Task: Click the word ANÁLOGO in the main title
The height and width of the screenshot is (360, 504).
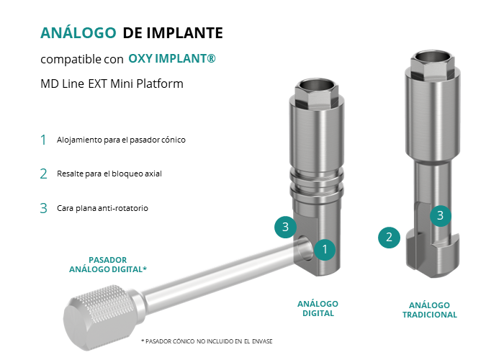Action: [78, 32]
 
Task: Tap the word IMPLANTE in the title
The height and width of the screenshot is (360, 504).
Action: [185, 33]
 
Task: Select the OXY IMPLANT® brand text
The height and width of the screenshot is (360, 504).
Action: [172, 58]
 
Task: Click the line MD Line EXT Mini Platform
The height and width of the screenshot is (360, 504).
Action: [112, 84]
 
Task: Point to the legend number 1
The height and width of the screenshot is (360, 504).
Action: [43, 140]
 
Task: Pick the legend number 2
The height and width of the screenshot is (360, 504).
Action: [43, 174]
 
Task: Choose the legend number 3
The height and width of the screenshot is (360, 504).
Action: [43, 208]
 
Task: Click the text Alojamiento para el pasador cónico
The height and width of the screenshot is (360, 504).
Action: [121, 140]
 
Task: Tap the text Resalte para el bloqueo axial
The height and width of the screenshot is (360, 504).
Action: [109, 174]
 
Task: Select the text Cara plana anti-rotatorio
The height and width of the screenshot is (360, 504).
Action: [102, 208]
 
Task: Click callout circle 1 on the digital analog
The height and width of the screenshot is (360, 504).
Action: [325, 249]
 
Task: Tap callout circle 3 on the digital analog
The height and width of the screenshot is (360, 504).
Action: [285, 227]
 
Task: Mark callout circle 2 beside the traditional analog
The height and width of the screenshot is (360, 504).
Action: [389, 238]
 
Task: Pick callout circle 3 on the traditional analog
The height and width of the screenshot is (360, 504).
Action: [441, 216]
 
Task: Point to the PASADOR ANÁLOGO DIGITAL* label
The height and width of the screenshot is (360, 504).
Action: [108, 264]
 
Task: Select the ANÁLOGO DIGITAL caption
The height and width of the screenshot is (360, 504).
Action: [318, 309]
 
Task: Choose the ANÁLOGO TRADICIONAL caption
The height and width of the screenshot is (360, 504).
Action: [430, 310]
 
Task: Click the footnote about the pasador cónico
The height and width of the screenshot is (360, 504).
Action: [207, 341]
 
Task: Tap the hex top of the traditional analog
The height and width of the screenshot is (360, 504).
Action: [432, 62]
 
